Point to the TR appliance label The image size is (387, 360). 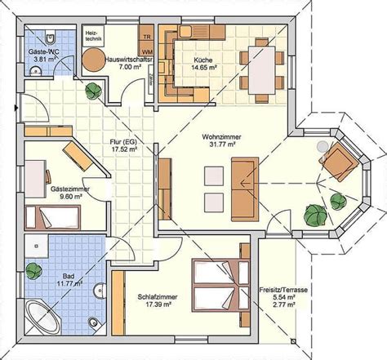click(145, 38)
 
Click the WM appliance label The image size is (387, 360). click(145, 50)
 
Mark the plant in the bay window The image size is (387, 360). click(314, 215)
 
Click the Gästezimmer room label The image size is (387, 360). click(69, 189)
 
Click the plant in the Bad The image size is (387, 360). click(34, 268)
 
